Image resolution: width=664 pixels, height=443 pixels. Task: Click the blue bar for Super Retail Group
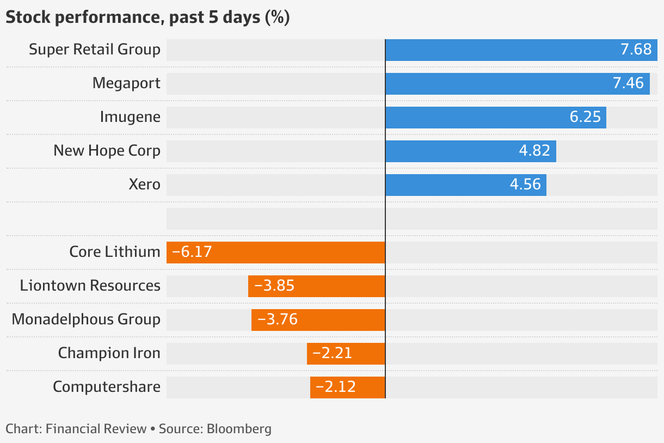point(501,50)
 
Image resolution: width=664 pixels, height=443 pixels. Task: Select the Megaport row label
point(126,83)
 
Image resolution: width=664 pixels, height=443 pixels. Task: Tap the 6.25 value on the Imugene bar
point(585,117)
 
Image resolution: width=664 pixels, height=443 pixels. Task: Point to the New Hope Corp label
point(107,151)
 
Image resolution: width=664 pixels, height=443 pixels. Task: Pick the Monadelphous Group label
point(86,319)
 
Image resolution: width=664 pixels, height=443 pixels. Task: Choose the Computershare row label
point(107,387)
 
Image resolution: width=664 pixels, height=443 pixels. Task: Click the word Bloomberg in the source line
point(239,429)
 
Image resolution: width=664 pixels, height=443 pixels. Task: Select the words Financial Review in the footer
point(96,429)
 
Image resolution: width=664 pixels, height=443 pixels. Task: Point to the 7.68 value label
point(636,50)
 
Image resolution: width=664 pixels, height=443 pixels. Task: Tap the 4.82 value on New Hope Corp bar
point(534,151)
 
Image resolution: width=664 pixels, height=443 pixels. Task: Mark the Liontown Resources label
point(90,286)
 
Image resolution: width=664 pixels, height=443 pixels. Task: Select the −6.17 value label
point(192,252)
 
